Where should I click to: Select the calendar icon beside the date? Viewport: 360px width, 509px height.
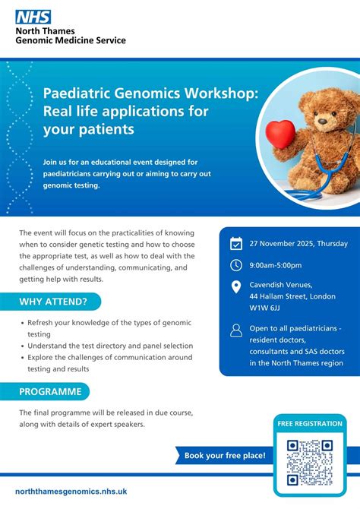pyautogui.click(x=235, y=244)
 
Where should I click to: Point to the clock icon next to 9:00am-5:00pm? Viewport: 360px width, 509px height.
pyautogui.click(x=235, y=265)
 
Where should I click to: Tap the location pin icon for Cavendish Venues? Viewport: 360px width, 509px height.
pyautogui.click(x=235, y=286)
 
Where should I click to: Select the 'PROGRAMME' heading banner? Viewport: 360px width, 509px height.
pyautogui.click(x=52, y=391)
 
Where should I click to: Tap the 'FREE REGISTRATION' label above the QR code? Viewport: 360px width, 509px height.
pyautogui.click(x=309, y=423)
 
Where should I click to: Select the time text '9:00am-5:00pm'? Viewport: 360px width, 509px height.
pyautogui.click(x=276, y=265)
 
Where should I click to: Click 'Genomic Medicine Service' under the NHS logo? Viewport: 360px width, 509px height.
pyautogui.click(x=71, y=40)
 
